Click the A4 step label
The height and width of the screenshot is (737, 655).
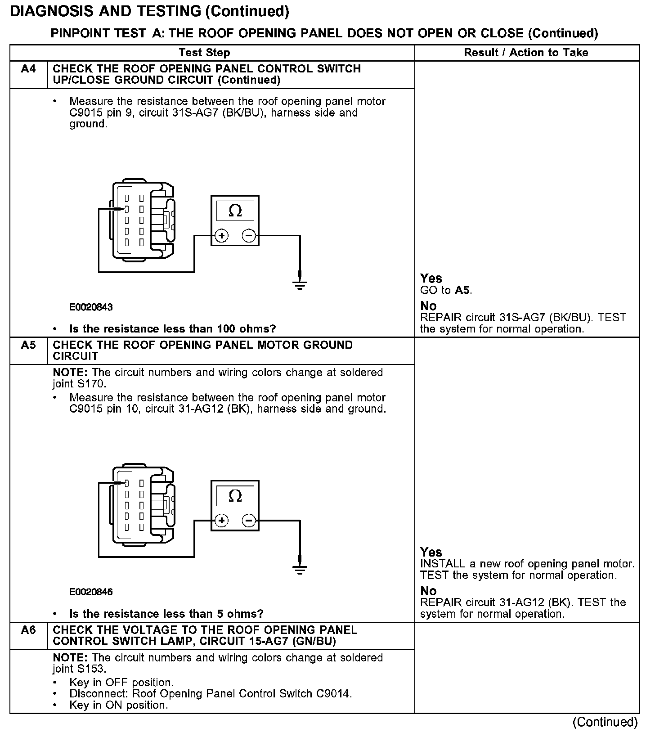[28, 69]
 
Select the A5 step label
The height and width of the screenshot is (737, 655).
[28, 345]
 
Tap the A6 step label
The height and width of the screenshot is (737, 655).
[28, 630]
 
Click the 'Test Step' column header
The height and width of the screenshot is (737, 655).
[204, 53]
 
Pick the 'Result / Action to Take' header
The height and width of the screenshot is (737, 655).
[526, 53]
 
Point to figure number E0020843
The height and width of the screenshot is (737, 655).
[91, 307]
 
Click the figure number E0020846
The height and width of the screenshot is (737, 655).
[91, 592]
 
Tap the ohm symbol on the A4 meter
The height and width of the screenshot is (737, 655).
[235, 211]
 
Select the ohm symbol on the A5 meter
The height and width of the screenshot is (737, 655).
[235, 496]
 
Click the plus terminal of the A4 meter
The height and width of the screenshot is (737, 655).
[221, 236]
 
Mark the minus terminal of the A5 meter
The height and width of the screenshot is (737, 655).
[249, 521]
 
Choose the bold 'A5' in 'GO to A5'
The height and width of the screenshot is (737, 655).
[463, 290]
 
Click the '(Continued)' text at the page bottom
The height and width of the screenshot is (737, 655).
[605, 722]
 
